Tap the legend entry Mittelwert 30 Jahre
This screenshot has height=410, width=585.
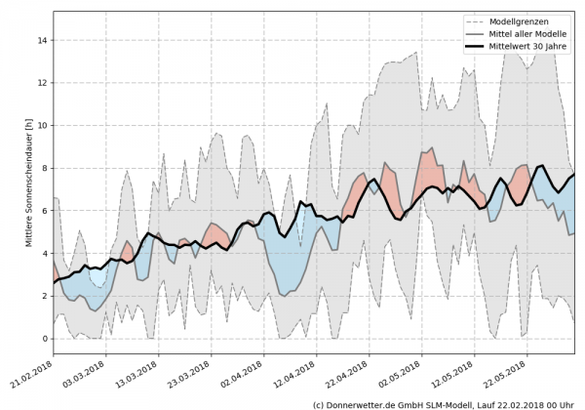(534, 46)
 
